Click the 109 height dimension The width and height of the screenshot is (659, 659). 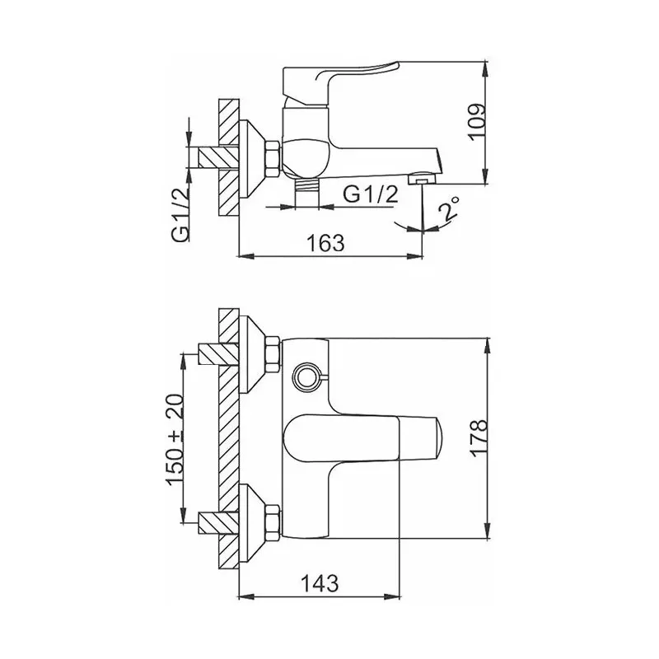pyautogui.click(x=477, y=122)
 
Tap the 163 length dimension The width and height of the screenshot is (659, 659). pyautogui.click(x=325, y=243)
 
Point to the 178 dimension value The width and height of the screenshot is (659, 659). pyautogui.click(x=479, y=437)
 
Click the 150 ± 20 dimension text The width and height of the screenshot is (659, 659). pyautogui.click(x=175, y=440)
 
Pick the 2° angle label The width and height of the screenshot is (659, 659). pyautogui.click(x=448, y=209)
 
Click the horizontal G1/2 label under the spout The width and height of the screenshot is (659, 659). pyautogui.click(x=370, y=194)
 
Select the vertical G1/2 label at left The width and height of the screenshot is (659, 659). pyautogui.click(x=180, y=215)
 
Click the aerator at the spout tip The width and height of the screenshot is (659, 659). pyautogui.click(x=423, y=178)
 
